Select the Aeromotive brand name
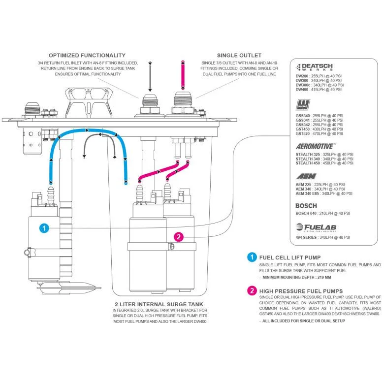[316, 146]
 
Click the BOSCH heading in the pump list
[306, 206]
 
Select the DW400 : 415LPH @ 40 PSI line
[318, 90]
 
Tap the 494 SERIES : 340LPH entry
[322, 237]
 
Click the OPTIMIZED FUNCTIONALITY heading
[87, 55]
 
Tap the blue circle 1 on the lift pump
[44, 228]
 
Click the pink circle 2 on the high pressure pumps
[179, 237]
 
